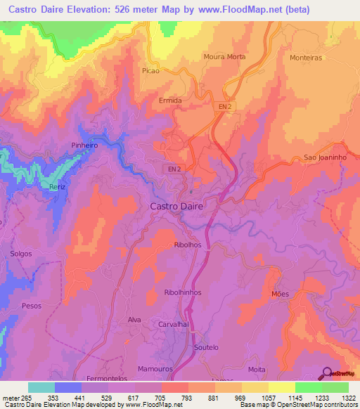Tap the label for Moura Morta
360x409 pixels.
coord(223,56)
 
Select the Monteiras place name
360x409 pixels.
coord(305,58)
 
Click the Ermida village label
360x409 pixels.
coord(170,100)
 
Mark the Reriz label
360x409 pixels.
coord(57,186)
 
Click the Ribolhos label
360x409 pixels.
coord(187,245)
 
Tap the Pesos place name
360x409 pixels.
coord(32,306)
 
